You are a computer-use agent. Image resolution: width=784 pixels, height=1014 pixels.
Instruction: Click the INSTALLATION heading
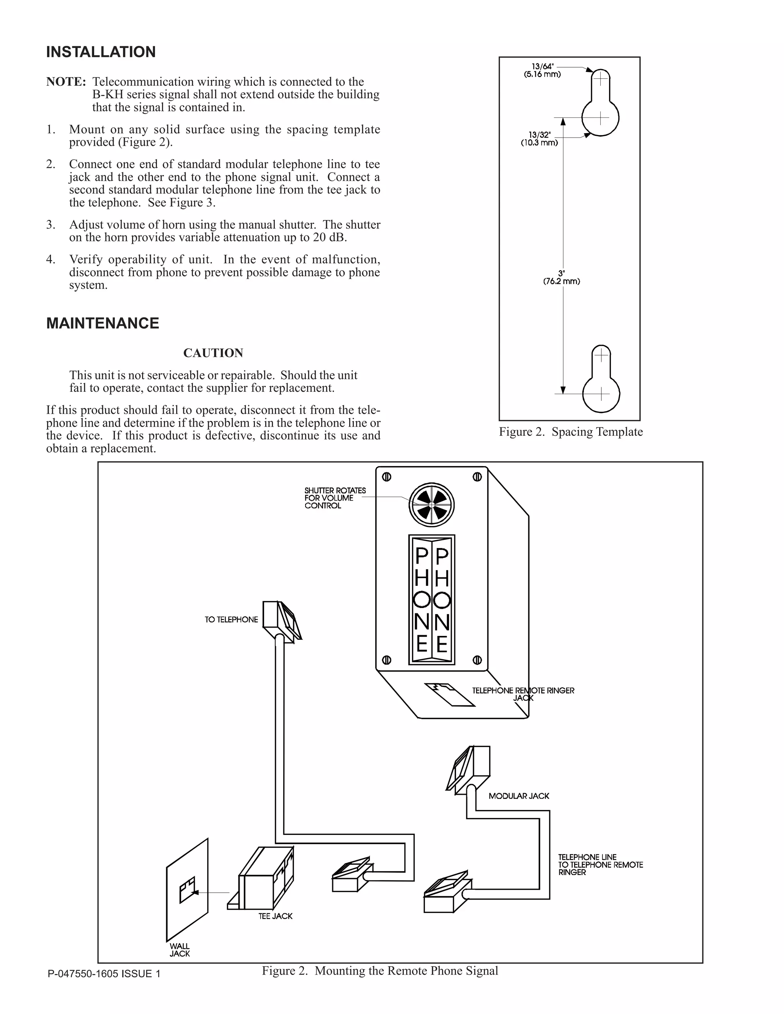[x=101, y=52]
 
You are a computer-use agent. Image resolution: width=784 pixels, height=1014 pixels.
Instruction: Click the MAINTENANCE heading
[x=103, y=323]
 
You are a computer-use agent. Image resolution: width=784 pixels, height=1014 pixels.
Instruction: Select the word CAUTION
[x=213, y=353]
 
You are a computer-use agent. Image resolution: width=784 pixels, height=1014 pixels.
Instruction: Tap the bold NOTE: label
[x=66, y=82]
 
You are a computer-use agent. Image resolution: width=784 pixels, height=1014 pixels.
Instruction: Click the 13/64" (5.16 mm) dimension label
[x=542, y=70]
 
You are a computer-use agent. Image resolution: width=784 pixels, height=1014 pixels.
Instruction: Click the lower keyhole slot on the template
[x=601, y=380]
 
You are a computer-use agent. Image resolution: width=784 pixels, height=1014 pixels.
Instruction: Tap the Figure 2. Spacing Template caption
[x=571, y=432]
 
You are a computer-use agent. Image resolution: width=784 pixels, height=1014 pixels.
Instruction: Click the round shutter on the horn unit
[x=431, y=504]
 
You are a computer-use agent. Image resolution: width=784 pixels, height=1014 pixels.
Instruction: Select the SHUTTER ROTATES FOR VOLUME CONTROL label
[x=335, y=498]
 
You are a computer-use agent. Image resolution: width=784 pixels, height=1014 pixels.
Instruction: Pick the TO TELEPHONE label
[x=231, y=620]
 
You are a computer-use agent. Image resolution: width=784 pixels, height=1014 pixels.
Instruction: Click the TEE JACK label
[x=275, y=916]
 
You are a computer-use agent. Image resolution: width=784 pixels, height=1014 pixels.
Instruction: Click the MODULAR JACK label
[x=518, y=796]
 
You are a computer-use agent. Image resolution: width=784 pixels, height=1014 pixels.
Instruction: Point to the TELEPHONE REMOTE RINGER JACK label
[x=523, y=694]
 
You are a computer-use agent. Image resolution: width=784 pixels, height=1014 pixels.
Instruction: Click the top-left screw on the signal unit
[x=386, y=477]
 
